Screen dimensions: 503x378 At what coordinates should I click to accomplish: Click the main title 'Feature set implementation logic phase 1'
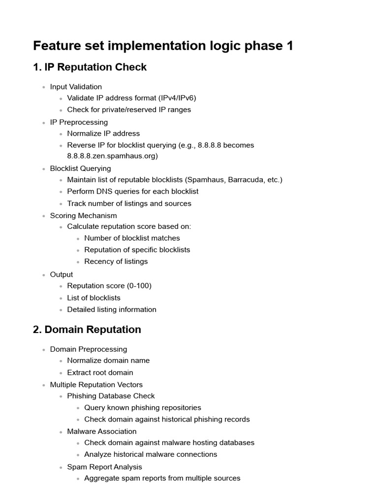[x=163, y=46]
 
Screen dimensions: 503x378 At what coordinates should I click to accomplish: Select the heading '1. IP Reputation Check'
[x=90, y=67]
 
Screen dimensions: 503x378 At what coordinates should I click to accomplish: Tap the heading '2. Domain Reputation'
[x=87, y=330]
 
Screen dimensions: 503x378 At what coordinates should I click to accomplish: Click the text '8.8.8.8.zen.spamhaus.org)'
[x=112, y=156]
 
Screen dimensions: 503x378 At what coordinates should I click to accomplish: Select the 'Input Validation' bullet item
[x=76, y=87]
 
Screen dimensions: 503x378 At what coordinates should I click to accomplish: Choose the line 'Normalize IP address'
[x=103, y=134]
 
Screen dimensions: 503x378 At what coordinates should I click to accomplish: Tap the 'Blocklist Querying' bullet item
[x=80, y=168]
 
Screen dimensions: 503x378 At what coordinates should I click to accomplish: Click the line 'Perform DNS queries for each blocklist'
[x=133, y=192]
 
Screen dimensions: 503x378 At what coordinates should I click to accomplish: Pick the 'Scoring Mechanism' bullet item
[x=83, y=216]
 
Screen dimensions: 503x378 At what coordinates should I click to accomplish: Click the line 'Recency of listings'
[x=116, y=261]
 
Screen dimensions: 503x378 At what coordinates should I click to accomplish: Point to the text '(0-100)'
[x=139, y=286]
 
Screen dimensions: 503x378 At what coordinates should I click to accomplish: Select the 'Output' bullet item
[x=62, y=275]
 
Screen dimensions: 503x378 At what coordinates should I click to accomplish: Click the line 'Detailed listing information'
[x=112, y=309]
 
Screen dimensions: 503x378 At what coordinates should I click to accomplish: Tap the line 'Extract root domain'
[x=100, y=372]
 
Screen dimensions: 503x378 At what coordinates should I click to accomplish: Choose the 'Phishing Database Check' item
[x=111, y=396]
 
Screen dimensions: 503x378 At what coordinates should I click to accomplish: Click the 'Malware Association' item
[x=102, y=431]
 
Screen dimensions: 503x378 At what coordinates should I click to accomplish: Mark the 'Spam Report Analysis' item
[x=105, y=467]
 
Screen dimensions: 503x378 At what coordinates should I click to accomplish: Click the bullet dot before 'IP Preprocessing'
[x=43, y=123]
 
